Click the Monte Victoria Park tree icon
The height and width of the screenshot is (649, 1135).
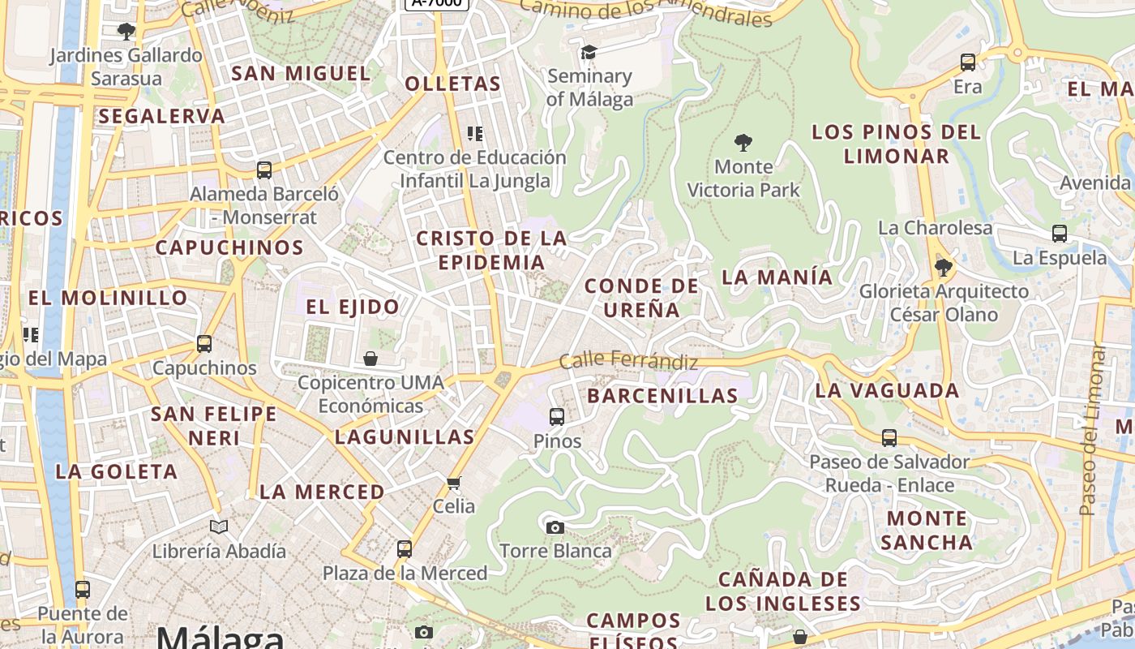(x=743, y=144)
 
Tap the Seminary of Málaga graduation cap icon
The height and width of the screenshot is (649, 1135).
(x=589, y=53)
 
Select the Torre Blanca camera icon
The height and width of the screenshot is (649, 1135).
(x=555, y=528)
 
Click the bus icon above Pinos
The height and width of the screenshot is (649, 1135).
(x=557, y=417)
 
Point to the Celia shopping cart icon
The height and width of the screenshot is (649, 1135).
(x=454, y=483)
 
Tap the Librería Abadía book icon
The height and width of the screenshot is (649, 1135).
(x=219, y=527)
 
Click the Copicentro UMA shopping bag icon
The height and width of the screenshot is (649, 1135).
(x=370, y=359)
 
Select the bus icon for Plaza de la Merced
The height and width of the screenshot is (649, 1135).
(x=405, y=549)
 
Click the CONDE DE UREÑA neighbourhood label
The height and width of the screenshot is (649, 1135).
(x=641, y=298)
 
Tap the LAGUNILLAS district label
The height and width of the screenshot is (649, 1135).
(x=405, y=437)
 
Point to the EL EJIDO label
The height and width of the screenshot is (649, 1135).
(x=353, y=307)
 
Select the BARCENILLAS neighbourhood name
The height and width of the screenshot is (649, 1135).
(x=662, y=396)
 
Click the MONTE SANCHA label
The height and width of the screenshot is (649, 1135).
(x=927, y=531)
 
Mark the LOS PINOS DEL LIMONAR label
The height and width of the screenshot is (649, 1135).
(x=896, y=144)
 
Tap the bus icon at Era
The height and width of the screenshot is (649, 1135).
(x=968, y=62)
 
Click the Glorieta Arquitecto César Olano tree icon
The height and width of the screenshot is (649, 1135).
(x=943, y=267)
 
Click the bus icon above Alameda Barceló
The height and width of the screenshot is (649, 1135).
(x=264, y=170)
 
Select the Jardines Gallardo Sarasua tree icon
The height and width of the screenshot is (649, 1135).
(x=126, y=32)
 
